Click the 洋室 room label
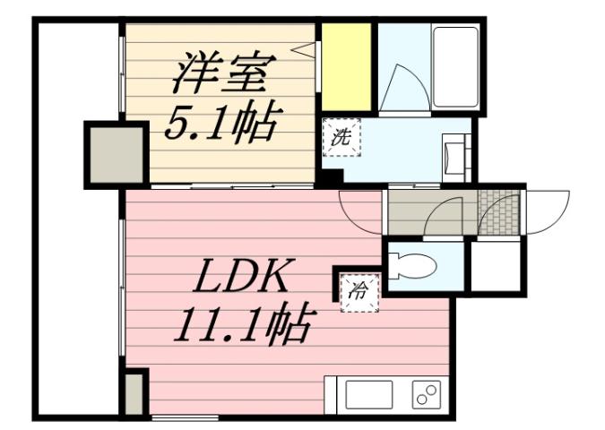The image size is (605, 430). coord(220,73)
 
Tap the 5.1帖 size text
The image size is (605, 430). coord(220,121)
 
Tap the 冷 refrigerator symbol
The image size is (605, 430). coord(358,288)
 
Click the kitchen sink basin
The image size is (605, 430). coord(369,394)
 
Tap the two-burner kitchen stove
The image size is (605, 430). coord(426,394)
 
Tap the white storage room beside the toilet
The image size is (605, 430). coord(498,267)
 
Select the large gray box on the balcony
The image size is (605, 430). coord(115,154)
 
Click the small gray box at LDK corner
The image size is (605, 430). coord(134,394)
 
